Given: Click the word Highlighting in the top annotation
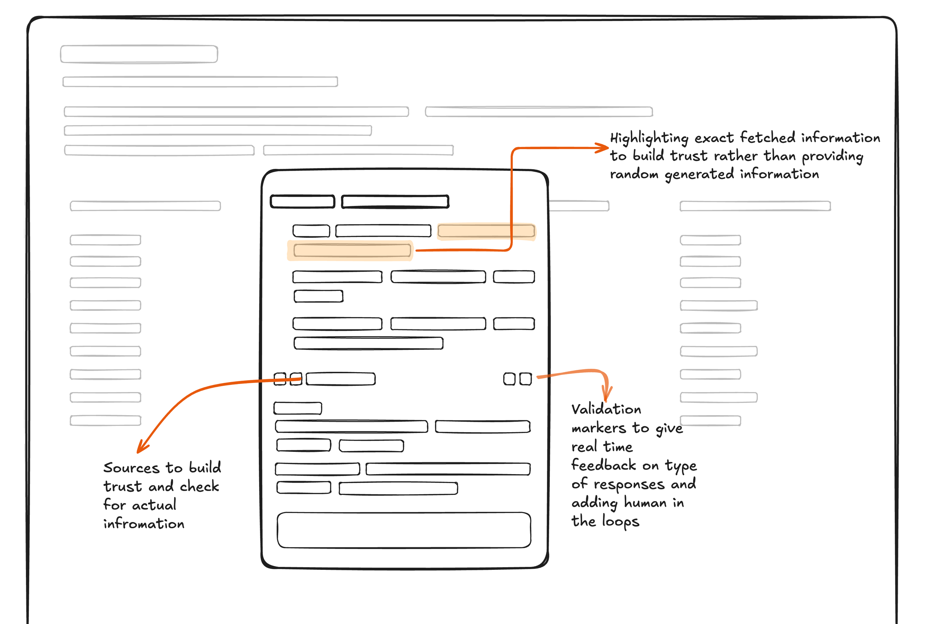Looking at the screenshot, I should (x=649, y=138).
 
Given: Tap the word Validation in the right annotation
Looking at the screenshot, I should (x=606, y=409).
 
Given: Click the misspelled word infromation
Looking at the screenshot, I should (x=144, y=524).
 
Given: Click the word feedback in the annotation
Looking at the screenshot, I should (x=604, y=465).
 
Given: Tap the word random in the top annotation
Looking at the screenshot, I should (x=634, y=174).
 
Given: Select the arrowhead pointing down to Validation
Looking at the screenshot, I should (x=607, y=395).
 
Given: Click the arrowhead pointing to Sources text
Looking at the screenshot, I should (x=142, y=448).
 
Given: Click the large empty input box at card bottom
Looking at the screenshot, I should (x=404, y=530).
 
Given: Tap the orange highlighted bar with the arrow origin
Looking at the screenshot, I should (x=352, y=250).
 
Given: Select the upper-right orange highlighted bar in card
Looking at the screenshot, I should (x=486, y=231).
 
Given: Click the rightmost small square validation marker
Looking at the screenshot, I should (x=525, y=379).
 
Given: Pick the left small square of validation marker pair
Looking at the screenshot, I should (x=509, y=379).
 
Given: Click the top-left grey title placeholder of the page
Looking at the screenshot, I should (x=139, y=54).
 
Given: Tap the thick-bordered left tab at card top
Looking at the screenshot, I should (x=302, y=201).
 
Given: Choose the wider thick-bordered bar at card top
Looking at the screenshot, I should (x=395, y=201).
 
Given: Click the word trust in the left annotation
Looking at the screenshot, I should (x=122, y=486).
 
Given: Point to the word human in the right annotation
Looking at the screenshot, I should (x=645, y=503).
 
